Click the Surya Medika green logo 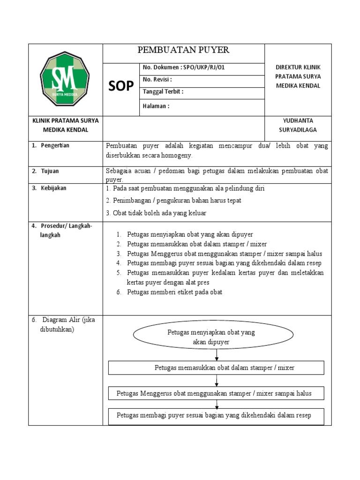(x=65, y=79)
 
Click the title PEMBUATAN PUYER (x=183, y=50)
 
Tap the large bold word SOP (x=121, y=86)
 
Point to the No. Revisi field (x=157, y=80)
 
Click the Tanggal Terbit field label (x=163, y=92)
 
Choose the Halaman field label (x=156, y=106)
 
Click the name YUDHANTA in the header (x=298, y=121)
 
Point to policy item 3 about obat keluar (x=157, y=213)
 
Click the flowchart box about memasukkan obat (x=216, y=367)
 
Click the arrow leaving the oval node (x=216, y=355)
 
